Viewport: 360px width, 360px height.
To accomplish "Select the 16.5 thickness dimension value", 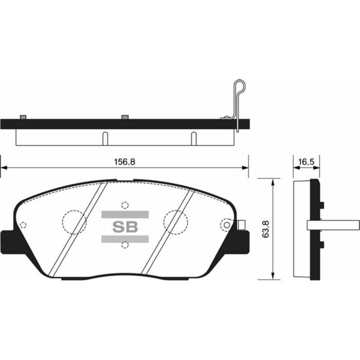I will pyautogui.click(x=305, y=161).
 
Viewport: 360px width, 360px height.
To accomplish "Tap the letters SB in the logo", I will pyautogui.click(x=125, y=227).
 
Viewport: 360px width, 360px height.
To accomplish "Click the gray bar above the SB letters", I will pyautogui.click(x=125, y=214).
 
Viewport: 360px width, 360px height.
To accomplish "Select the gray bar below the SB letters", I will pyautogui.click(x=125, y=239).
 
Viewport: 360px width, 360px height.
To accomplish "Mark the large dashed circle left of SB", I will pyautogui.click(x=74, y=222).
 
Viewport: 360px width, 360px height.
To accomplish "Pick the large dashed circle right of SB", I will pyautogui.click(x=175, y=222).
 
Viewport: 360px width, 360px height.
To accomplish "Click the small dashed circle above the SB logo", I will pyautogui.click(x=124, y=204).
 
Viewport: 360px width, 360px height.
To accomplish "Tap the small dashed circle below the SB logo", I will pyautogui.click(x=124, y=245).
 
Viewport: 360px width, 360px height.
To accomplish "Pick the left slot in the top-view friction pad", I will pyautogui.click(x=105, y=138).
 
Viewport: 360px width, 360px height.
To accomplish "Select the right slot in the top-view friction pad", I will pyautogui.click(x=194, y=138).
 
